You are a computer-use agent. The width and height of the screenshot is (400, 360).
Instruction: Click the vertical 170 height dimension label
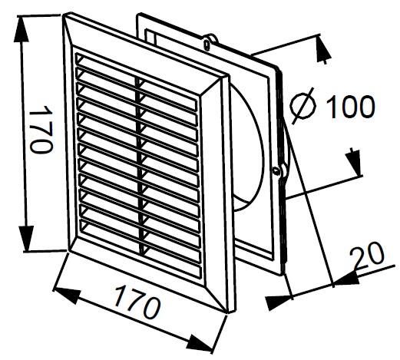point(41,129)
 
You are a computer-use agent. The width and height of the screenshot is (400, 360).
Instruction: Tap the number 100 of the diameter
point(351,106)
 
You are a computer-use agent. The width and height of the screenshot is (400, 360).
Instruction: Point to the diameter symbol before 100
point(302,105)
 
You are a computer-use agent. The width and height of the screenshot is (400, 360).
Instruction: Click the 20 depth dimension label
point(368,254)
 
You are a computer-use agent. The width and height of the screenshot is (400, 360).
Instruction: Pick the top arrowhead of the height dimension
point(21,28)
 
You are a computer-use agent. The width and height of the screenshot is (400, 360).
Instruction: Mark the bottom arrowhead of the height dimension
point(26,238)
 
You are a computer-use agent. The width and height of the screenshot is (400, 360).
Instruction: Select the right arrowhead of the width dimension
point(200,343)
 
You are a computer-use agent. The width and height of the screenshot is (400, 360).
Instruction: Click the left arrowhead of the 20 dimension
point(279,302)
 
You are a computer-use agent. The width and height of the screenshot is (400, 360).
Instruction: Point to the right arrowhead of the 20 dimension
point(346,279)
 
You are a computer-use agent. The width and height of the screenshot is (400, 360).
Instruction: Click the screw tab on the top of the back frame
point(210,41)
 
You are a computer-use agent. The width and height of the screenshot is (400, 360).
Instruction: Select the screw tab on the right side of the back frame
point(279,171)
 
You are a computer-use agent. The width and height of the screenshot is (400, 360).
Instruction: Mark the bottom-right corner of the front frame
point(229,312)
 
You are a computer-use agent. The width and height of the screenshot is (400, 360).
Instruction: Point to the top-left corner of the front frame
point(64,15)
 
